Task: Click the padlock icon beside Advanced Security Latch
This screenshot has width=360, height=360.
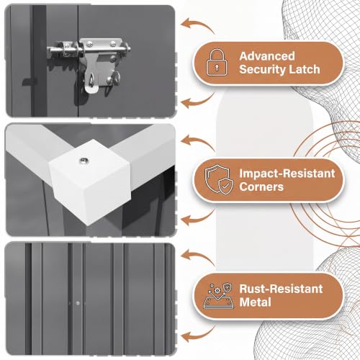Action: [217, 63]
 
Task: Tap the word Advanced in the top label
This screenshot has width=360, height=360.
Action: [267, 56]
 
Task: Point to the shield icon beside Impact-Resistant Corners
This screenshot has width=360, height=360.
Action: [219, 179]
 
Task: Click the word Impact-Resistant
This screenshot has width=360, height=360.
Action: [287, 174]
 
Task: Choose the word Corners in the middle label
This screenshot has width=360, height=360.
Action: [261, 186]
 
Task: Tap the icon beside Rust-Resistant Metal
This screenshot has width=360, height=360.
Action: [218, 296]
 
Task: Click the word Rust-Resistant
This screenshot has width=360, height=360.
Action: [281, 289]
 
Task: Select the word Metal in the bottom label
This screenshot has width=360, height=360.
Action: [255, 302]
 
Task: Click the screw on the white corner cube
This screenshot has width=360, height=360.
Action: [84, 160]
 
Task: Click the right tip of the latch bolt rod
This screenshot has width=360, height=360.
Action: [130, 50]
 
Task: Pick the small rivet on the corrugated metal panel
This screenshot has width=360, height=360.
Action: [78, 303]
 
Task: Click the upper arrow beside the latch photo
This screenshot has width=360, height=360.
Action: [197, 24]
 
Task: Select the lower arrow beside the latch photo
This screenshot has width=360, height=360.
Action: [197, 102]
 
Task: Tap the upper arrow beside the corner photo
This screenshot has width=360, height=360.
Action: [197, 142]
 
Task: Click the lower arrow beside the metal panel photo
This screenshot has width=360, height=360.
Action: [197, 335]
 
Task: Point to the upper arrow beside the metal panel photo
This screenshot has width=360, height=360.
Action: [197, 256]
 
